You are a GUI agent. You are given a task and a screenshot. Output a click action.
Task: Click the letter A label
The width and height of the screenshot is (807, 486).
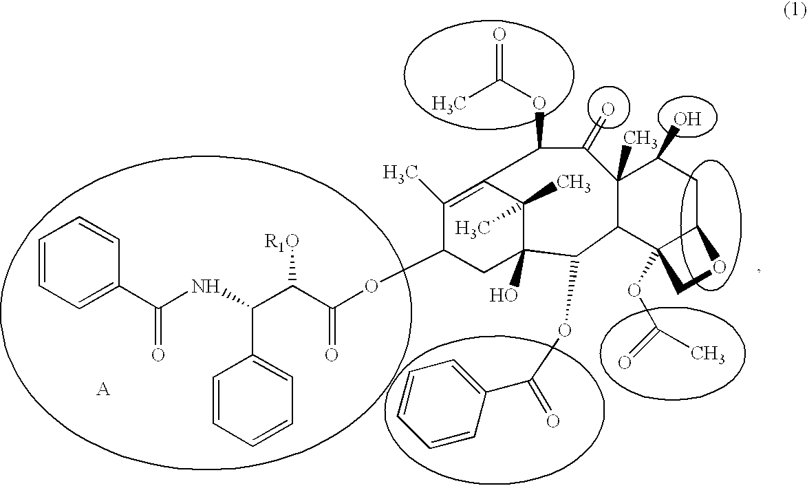103,390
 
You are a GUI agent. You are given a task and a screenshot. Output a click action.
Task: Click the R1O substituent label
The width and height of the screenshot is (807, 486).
281,241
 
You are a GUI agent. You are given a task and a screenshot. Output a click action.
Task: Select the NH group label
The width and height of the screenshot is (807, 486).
206,286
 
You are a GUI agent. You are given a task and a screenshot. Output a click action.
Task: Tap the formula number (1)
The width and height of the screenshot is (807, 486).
794,11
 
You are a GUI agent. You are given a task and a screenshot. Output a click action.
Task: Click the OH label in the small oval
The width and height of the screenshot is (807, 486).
687,120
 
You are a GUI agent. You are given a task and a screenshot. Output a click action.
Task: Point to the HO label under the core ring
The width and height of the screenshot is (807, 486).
504,295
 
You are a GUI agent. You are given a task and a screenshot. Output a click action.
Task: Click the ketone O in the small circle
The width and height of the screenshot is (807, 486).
608,109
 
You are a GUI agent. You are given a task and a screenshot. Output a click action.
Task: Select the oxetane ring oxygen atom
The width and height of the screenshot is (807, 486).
720,266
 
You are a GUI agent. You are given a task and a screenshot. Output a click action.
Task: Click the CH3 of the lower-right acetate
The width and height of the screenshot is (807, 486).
708,352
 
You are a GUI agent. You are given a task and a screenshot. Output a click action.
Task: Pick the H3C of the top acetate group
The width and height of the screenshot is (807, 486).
449,103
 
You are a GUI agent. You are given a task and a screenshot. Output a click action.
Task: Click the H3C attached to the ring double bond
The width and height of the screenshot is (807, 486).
400,173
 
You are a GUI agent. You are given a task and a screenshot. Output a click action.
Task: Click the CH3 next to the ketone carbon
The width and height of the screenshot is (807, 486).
640,138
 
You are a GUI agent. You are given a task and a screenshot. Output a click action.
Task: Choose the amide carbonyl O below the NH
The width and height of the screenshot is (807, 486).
158,355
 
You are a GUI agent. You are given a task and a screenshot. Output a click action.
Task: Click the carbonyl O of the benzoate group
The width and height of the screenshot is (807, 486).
552,421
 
